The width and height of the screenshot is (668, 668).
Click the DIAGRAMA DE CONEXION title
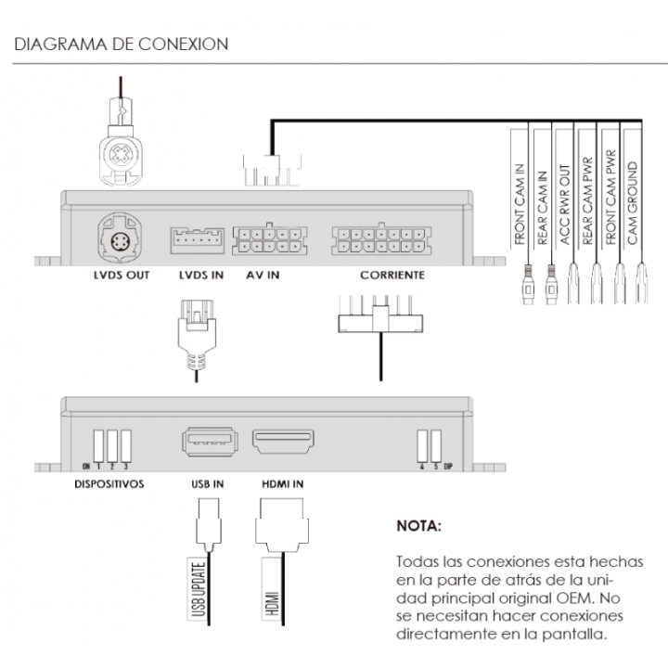pyautogui.click(x=122, y=45)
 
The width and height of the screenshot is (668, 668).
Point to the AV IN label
pyautogui.click(x=263, y=276)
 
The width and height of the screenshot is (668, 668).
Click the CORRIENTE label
pyautogui.click(x=392, y=276)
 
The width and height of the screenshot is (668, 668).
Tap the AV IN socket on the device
pyautogui.click(x=267, y=240)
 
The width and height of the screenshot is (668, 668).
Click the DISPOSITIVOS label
pyautogui.click(x=109, y=484)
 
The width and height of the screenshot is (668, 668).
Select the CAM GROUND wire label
pyautogui.click(x=633, y=202)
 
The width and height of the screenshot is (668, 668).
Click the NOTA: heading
pyautogui.click(x=419, y=526)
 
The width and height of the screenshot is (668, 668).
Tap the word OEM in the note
pyautogui.click(x=584, y=598)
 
